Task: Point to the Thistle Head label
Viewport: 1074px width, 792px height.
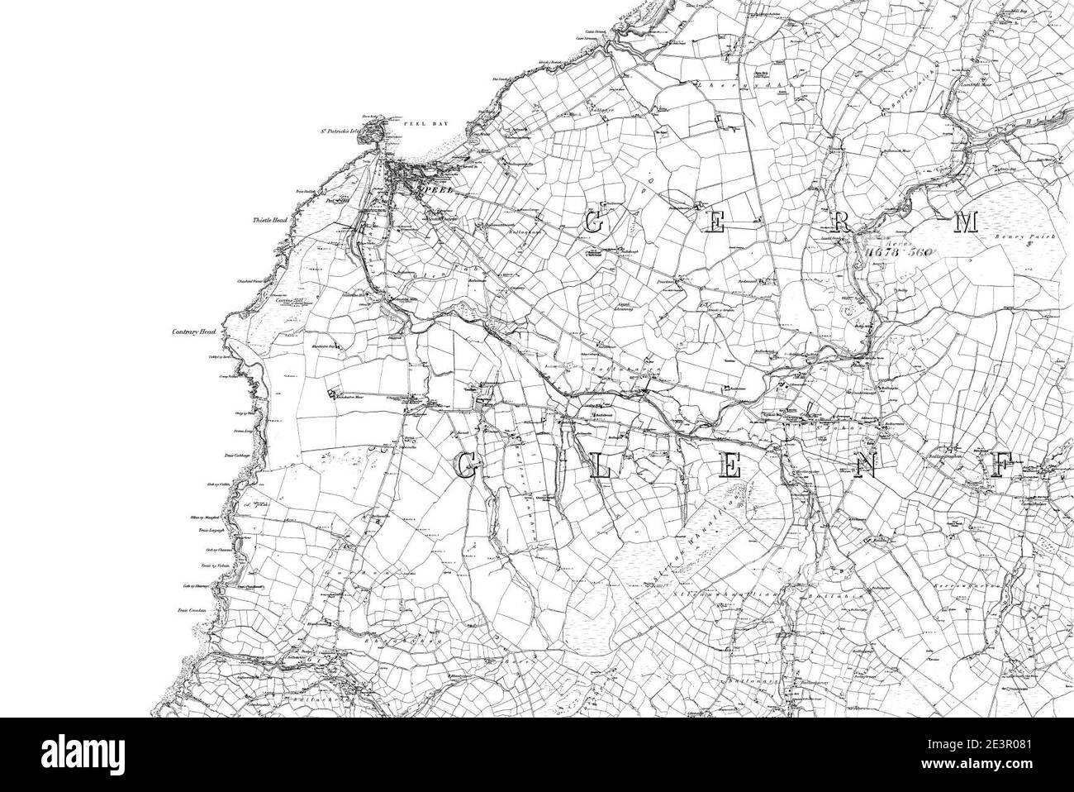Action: pos(270,221)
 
